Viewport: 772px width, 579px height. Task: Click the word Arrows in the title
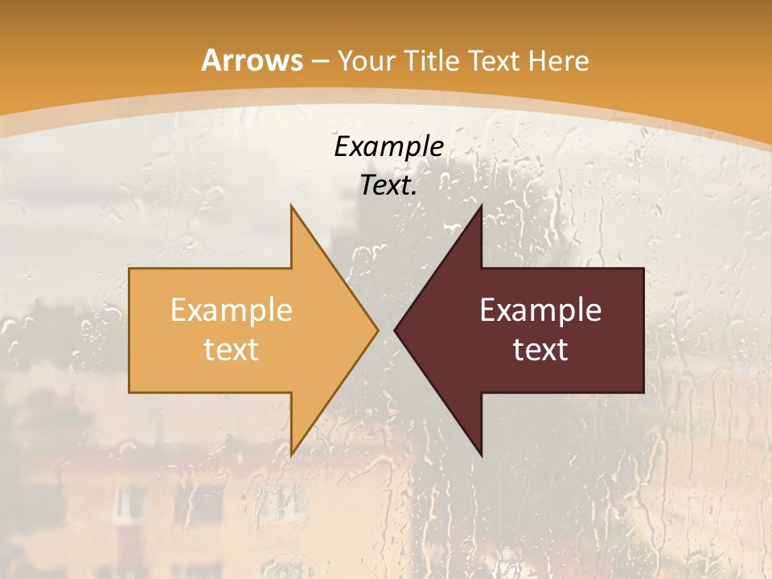coord(252,60)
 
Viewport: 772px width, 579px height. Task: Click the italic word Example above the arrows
coord(388,146)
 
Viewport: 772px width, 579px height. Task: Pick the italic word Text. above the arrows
coord(388,186)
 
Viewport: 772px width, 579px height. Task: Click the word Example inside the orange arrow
coord(231,310)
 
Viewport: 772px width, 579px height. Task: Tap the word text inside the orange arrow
coord(231,349)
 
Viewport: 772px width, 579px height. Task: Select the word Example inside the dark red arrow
coord(540,310)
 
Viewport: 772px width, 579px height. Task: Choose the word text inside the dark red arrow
coord(540,349)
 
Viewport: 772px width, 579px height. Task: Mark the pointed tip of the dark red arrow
coord(396,330)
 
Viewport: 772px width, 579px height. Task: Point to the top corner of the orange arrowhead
coord(291,207)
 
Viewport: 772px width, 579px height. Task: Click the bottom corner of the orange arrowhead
coord(291,454)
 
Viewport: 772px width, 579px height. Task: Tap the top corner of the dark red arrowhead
coord(481,207)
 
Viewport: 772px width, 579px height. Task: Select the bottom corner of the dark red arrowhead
coord(481,454)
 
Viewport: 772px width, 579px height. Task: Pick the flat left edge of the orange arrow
coord(129,330)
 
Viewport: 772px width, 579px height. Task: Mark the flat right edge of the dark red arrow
coord(643,330)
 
